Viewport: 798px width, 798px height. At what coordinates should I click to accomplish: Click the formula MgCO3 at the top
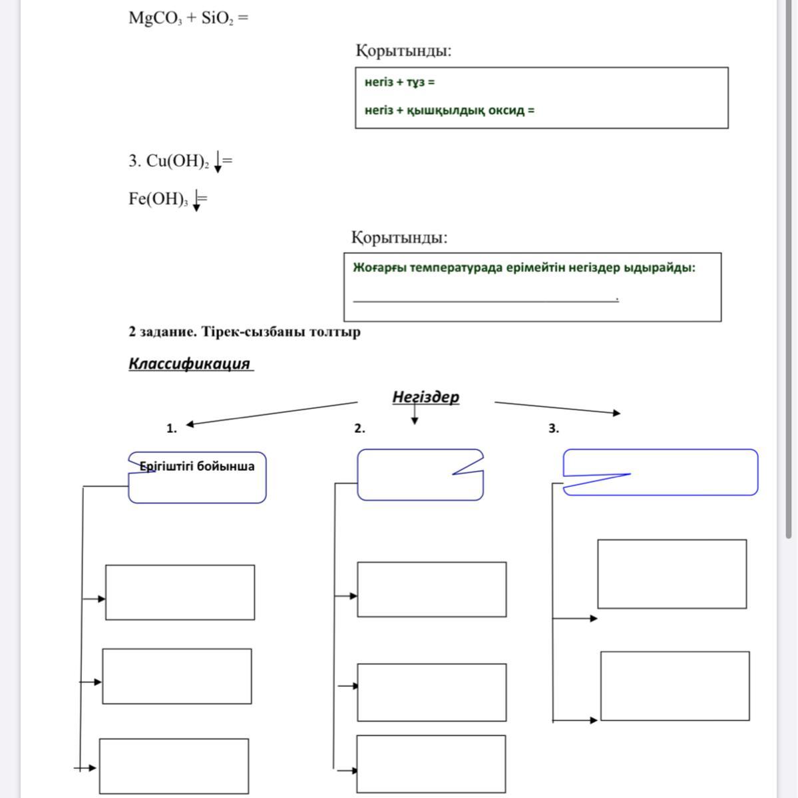154,18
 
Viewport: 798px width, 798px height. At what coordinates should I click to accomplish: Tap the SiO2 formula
216,18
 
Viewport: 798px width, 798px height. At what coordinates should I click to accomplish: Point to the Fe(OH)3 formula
159,199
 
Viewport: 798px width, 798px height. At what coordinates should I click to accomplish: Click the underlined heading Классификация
190,364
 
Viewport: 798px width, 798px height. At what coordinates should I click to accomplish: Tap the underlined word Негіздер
425,397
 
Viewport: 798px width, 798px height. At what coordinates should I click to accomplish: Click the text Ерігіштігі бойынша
197,466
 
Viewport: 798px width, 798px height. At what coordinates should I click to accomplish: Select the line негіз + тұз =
399,82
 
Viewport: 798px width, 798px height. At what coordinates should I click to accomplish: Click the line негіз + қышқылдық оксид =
449,110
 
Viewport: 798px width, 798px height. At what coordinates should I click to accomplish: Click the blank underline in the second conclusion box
485,300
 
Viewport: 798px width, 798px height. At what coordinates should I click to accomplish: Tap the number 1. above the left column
172,429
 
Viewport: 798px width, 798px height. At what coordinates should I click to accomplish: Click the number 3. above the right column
554,429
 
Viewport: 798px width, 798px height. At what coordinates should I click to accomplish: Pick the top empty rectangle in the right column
672,574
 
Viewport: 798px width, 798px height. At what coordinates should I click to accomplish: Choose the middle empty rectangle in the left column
177,676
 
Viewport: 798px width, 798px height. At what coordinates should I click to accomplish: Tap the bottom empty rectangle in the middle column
431,763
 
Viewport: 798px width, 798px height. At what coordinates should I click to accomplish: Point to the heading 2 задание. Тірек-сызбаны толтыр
244,332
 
